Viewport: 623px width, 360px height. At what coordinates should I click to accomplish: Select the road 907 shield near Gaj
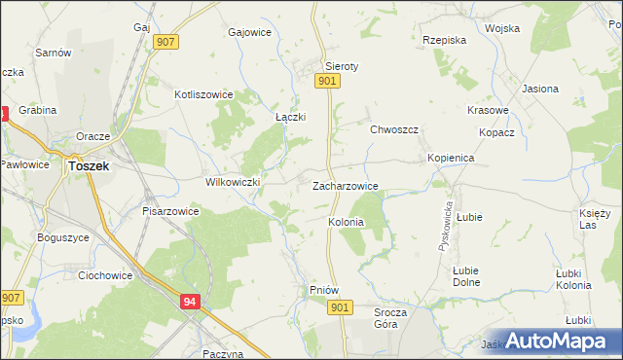(x=165, y=42)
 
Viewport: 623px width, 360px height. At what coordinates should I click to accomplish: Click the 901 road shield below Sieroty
(x=327, y=84)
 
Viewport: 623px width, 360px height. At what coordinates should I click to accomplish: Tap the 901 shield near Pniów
(x=338, y=307)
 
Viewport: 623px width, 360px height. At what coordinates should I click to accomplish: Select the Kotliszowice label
(x=202, y=95)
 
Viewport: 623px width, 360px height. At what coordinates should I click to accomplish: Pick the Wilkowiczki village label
(x=232, y=182)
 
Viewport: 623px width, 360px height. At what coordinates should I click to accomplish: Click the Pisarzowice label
(x=170, y=210)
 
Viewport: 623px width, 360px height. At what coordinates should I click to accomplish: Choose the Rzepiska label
(x=446, y=41)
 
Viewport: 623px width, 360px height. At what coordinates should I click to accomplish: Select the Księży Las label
(x=594, y=219)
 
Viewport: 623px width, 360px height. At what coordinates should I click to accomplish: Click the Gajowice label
(x=248, y=32)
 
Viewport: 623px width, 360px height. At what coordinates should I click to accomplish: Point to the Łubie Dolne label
(x=466, y=276)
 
